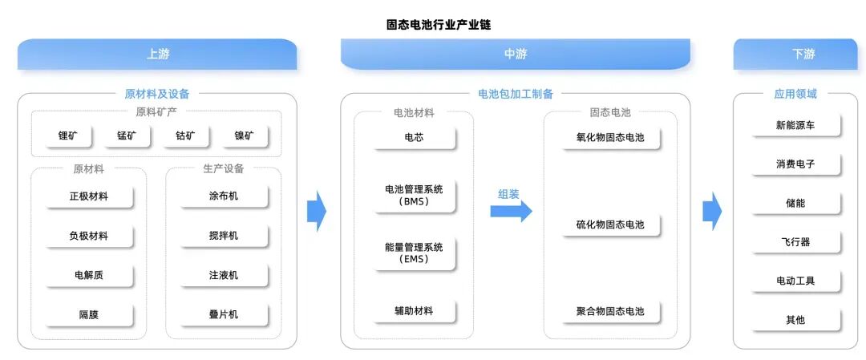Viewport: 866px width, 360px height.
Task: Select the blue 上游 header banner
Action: [x=157, y=55]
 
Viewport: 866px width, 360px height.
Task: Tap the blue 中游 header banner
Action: [x=515, y=55]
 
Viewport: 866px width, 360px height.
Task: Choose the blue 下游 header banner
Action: [x=803, y=55]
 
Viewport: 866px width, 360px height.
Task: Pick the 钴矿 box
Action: [x=185, y=136]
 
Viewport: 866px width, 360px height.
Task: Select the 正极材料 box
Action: [x=88, y=196]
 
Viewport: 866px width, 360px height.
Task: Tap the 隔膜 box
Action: [x=88, y=314]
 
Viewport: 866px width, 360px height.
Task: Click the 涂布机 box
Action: [x=223, y=196]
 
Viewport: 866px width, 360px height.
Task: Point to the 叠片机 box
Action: [x=223, y=314]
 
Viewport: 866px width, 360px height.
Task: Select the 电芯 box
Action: [x=414, y=138]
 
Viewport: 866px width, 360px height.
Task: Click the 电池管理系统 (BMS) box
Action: [x=414, y=196]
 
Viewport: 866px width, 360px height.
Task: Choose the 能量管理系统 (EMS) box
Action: [x=414, y=253]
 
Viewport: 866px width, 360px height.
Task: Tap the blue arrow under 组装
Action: [x=511, y=211]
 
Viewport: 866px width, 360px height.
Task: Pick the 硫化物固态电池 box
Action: [x=609, y=224]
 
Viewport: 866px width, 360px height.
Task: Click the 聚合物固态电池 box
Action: [x=609, y=311]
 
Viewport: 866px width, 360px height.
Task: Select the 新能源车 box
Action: [x=795, y=125]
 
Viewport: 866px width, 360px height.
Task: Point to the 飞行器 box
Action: [x=795, y=242]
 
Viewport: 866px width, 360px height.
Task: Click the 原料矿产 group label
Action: [x=157, y=112]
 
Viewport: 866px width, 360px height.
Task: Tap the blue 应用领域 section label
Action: [x=795, y=94]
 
